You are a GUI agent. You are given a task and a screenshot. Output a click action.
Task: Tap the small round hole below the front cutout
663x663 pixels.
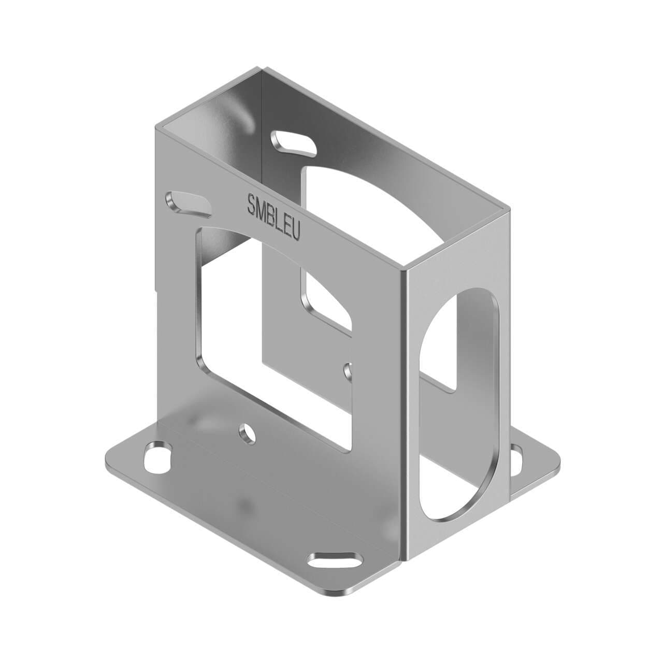[x=248, y=434]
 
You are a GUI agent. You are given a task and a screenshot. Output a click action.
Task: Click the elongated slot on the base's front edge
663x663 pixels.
[x=335, y=561]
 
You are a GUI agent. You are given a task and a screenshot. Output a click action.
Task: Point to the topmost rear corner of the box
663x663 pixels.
[x=255, y=69]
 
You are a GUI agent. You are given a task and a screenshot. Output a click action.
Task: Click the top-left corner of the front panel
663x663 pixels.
[x=155, y=126]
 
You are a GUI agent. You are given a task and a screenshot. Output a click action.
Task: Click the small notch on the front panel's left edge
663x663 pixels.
[x=155, y=287]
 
